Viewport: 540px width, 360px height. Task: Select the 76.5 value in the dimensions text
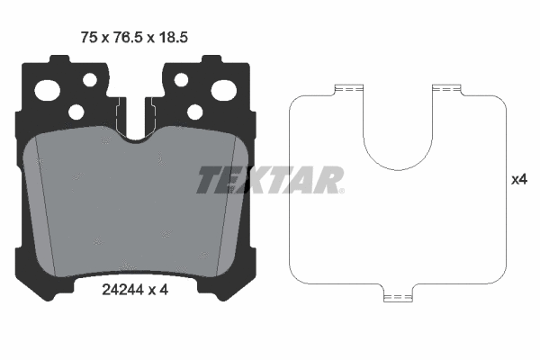pos(124,37)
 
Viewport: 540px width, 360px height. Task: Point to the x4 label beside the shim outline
pos(518,180)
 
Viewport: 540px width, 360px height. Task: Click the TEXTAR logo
pos(268,180)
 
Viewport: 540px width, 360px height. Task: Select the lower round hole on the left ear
pos(76,112)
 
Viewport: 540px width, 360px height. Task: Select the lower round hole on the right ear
pos(195,112)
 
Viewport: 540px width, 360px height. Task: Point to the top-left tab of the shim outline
pos(346,89)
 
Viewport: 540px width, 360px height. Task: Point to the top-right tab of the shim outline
pos(445,89)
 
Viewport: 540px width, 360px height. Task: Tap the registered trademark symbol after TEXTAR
pos(340,191)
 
